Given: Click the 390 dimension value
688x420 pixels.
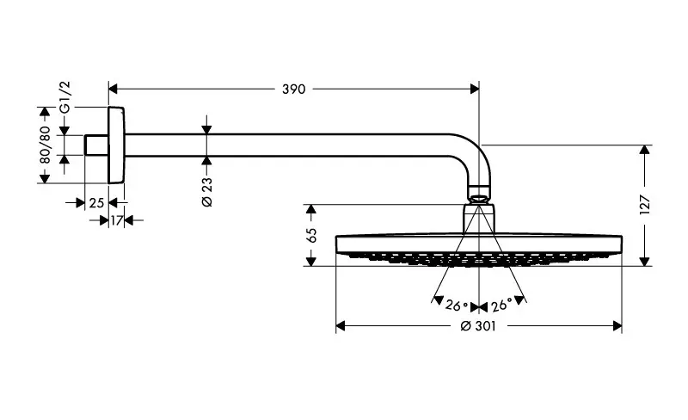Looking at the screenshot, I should [294, 89].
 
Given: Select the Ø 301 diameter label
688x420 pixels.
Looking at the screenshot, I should [479, 327].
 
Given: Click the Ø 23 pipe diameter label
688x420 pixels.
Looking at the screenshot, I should [206, 188].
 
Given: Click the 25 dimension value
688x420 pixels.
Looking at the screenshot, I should [96, 202].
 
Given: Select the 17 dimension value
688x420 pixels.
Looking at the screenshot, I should [116, 220].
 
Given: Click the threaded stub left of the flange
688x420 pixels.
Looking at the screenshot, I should [96, 145].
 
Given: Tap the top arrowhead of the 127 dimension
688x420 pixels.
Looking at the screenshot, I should [645, 150].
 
